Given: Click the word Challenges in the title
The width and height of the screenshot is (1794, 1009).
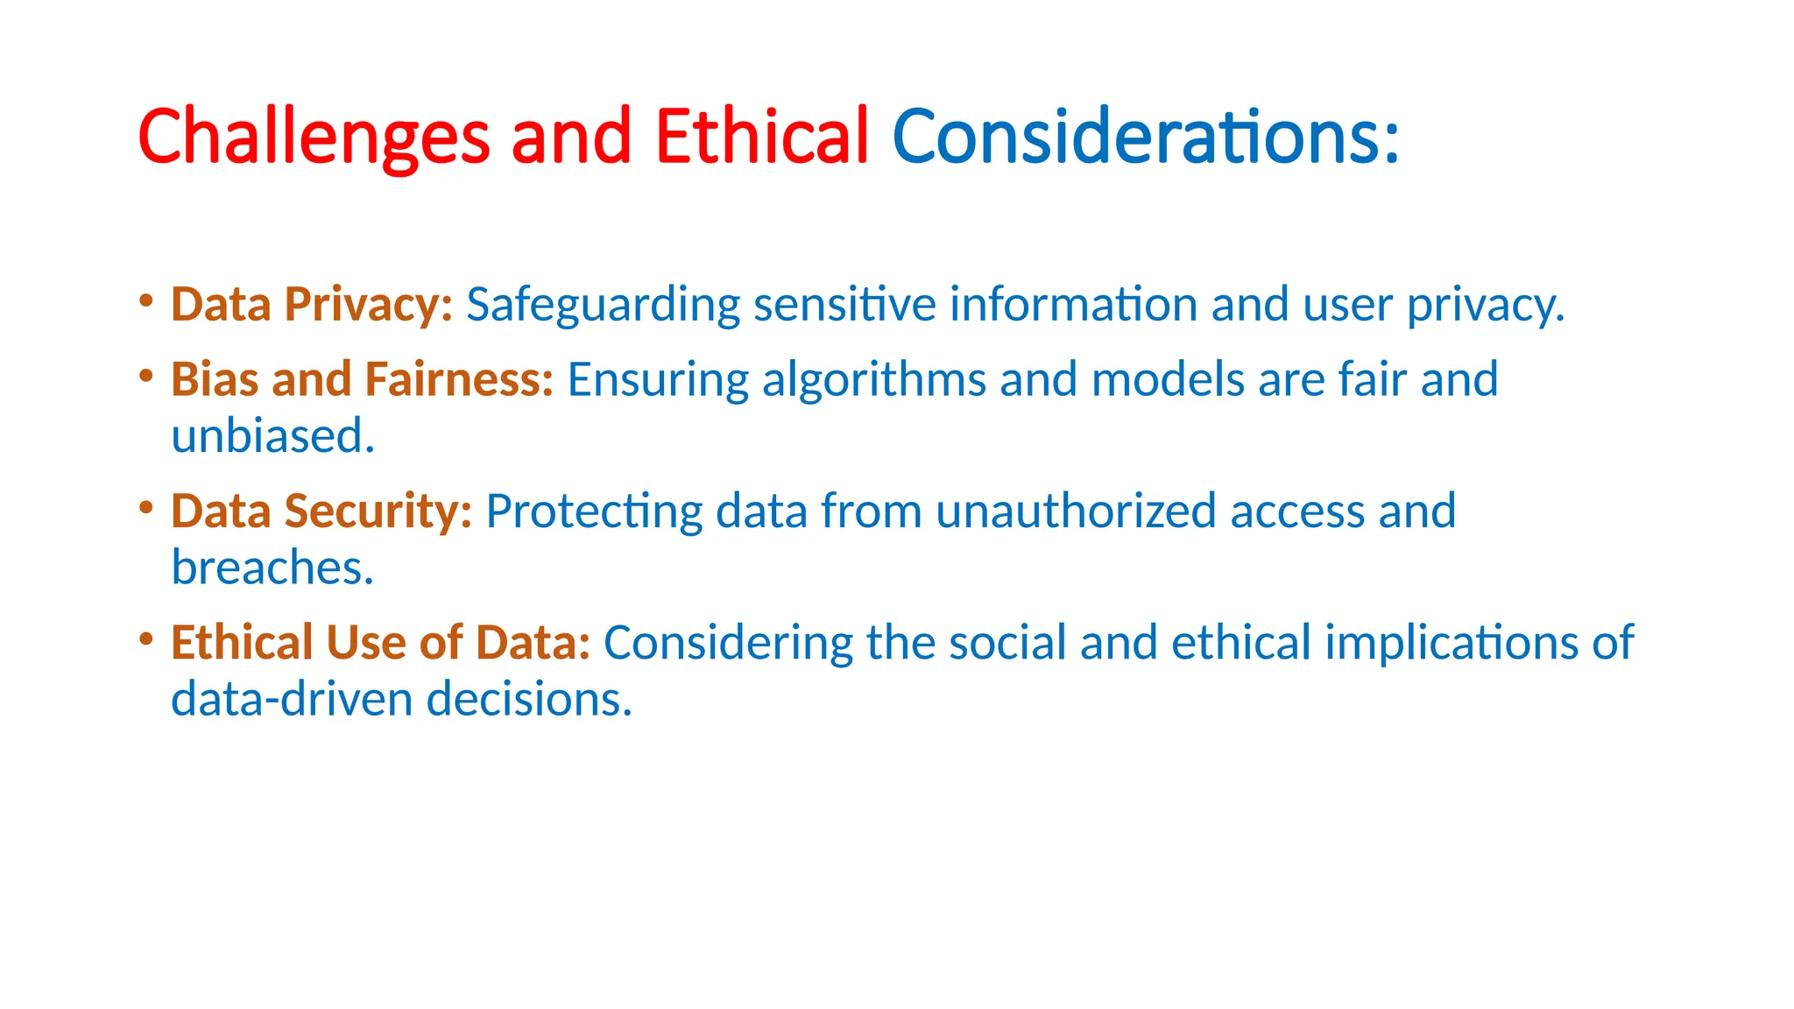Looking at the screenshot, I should [313, 137].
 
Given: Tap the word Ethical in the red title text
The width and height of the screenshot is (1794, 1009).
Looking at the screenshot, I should [761, 137].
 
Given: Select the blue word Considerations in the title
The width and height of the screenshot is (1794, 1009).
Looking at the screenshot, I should [1144, 137].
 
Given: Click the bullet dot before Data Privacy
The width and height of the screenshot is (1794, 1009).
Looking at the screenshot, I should [146, 301].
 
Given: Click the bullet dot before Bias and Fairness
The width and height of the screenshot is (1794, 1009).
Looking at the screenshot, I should [146, 377].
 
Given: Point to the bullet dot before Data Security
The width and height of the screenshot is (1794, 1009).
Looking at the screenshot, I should [146, 508].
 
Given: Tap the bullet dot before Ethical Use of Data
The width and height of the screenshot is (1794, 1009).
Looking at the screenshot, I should [146, 639].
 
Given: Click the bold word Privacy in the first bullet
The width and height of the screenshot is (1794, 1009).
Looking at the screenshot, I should [368, 306].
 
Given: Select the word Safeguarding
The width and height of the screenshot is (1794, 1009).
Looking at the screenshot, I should [603, 306].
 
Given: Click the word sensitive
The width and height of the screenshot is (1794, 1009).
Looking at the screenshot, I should [844, 306].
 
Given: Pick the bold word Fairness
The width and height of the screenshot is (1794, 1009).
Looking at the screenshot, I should [459, 380].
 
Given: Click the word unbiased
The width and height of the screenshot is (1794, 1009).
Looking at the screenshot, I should [272, 437].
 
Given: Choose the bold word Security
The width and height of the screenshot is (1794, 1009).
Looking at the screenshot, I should [378, 512].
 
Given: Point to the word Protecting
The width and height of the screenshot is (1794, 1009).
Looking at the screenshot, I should [593, 512].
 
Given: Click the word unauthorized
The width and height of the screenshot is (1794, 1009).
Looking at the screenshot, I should [1076, 512].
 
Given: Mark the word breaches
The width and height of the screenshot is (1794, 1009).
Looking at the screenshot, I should [272, 568].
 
